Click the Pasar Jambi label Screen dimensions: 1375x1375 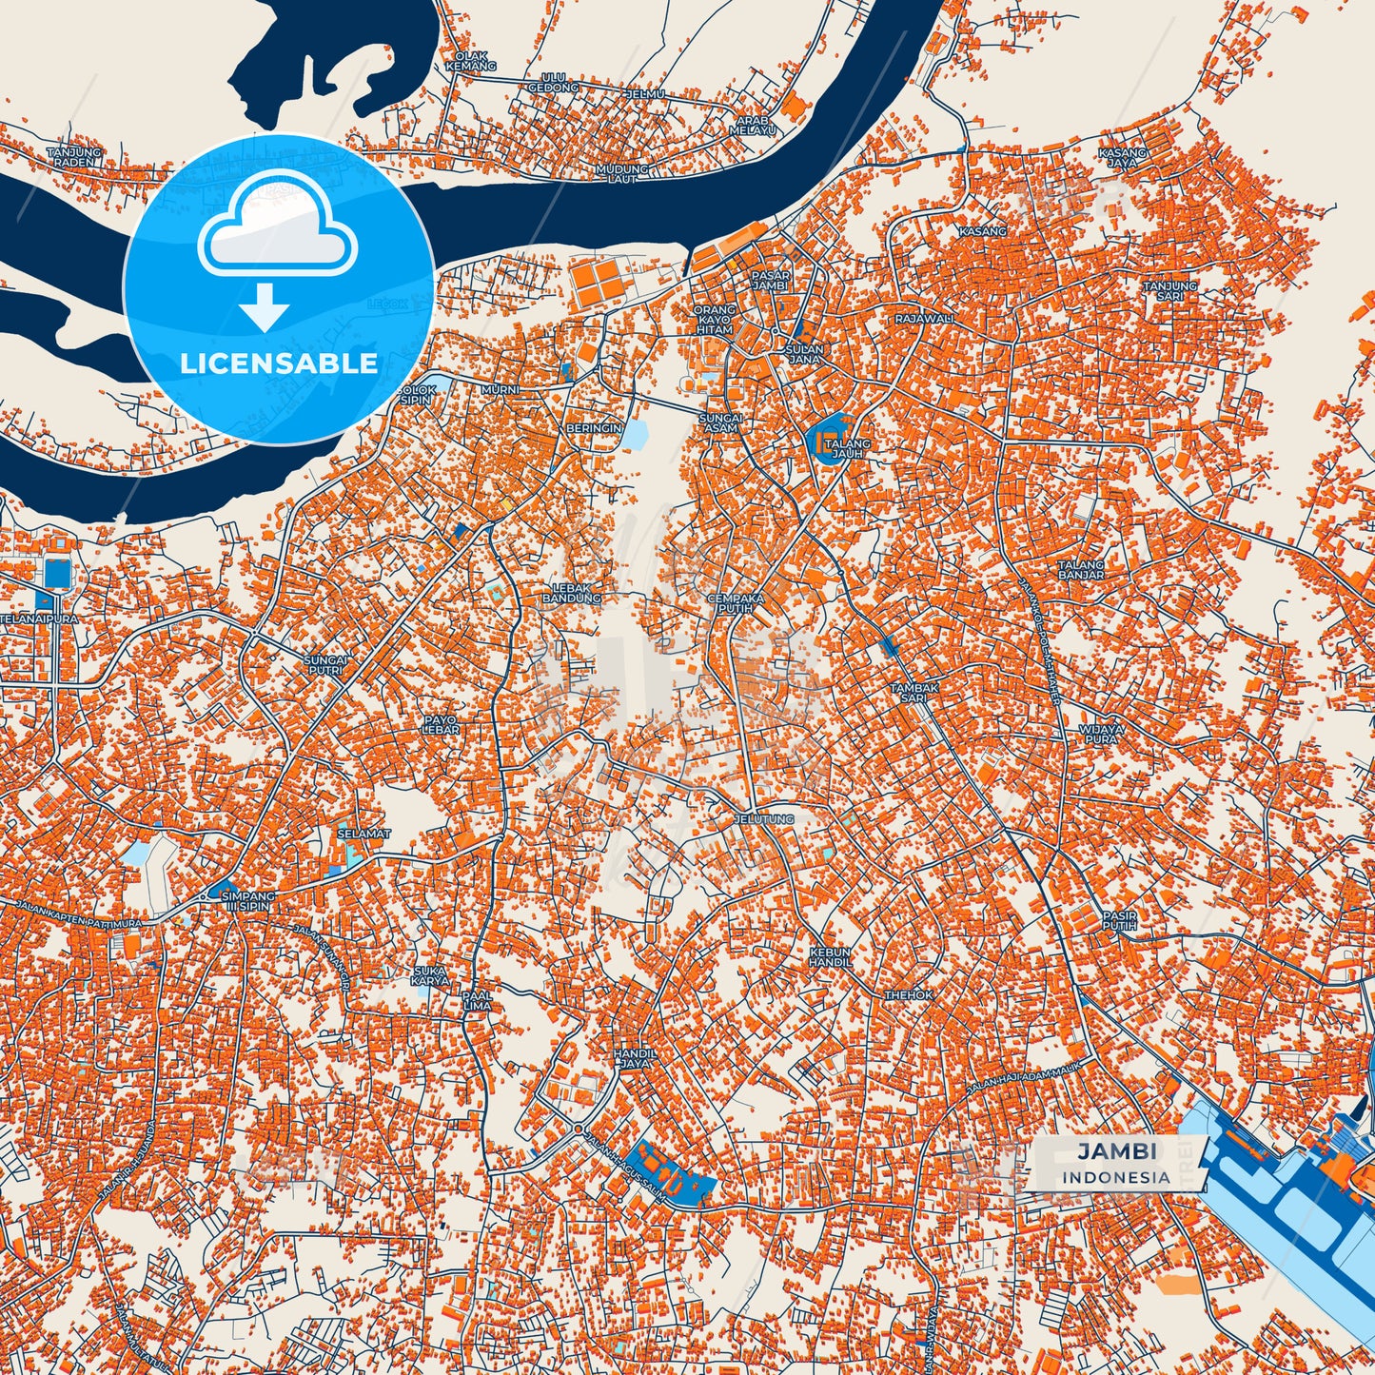[x=770, y=281]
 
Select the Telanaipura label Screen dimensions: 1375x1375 [x=39, y=619]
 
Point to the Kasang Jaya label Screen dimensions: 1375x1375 [x=1123, y=158]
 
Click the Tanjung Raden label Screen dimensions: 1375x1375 [x=73, y=157]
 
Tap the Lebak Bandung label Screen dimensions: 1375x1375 [x=572, y=593]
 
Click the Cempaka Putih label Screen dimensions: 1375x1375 [x=736, y=603]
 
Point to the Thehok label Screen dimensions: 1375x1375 [x=909, y=994]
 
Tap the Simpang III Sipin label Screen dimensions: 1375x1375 [x=246, y=901]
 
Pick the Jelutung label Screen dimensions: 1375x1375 [x=764, y=818]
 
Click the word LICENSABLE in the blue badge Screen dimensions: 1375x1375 [x=279, y=363]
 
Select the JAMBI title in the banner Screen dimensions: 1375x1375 [x=1117, y=1150]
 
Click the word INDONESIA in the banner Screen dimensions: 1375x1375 [x=1117, y=1177]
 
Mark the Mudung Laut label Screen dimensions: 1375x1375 [x=621, y=173]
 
